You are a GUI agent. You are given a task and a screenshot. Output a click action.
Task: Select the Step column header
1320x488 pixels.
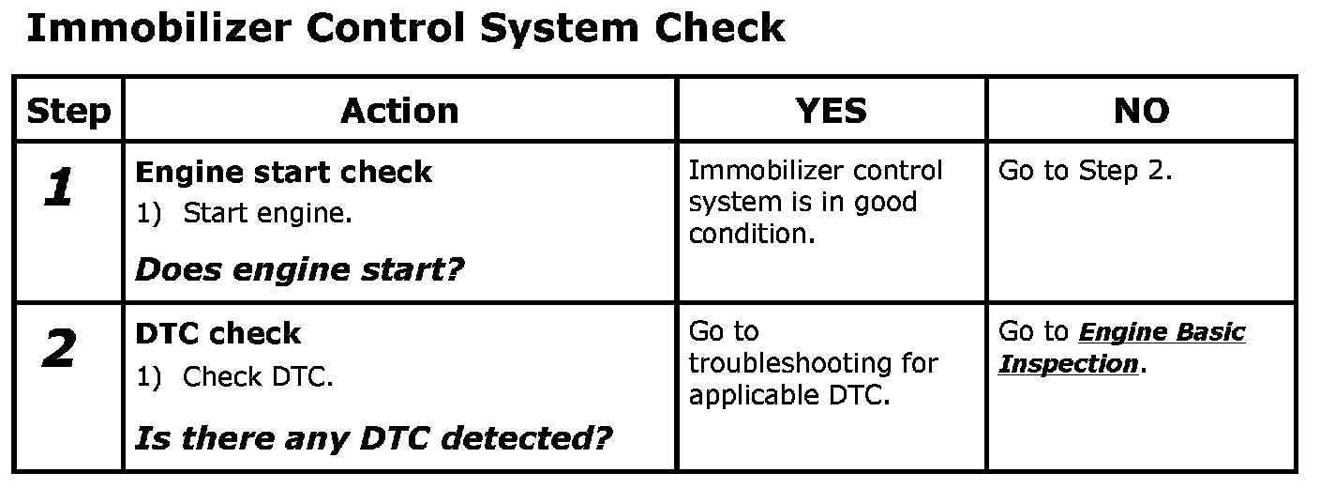click(x=68, y=111)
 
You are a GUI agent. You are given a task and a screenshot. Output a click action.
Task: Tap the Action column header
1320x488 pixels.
click(x=399, y=111)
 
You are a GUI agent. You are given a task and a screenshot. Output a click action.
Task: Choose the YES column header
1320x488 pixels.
click(x=831, y=111)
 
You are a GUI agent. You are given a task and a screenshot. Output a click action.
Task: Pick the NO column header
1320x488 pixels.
click(x=1141, y=111)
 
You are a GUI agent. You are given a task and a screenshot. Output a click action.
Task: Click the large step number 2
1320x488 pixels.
click(x=58, y=351)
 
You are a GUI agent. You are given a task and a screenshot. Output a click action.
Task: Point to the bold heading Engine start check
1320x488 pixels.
click(x=283, y=173)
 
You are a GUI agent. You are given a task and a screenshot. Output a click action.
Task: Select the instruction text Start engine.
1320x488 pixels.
click(x=267, y=214)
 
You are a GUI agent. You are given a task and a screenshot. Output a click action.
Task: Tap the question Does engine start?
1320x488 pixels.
click(x=300, y=270)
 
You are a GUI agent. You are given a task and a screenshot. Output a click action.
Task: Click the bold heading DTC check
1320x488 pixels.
click(x=217, y=333)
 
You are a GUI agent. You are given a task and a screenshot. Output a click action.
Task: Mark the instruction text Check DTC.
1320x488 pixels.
click(x=258, y=376)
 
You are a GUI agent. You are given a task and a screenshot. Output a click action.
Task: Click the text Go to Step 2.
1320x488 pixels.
click(x=1085, y=172)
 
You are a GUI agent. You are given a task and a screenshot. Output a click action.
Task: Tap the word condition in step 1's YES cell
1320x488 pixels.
click(x=751, y=234)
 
